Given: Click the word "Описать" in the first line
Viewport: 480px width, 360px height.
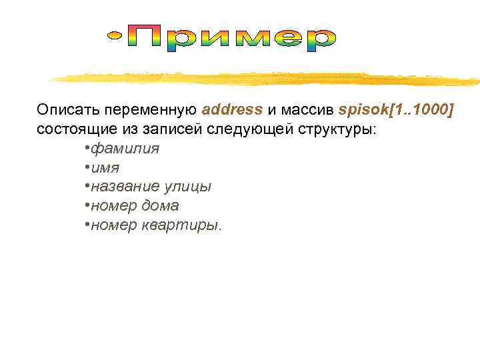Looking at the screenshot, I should (x=64, y=109).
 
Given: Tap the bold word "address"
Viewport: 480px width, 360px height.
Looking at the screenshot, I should (x=232, y=109).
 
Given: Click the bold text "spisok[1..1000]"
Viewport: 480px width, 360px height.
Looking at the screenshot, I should (x=396, y=109).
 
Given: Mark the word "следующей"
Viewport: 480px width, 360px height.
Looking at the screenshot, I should (x=242, y=129).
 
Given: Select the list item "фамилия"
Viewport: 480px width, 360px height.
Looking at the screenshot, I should (x=125, y=148).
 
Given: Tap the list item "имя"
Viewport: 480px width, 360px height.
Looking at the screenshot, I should (x=105, y=167).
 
